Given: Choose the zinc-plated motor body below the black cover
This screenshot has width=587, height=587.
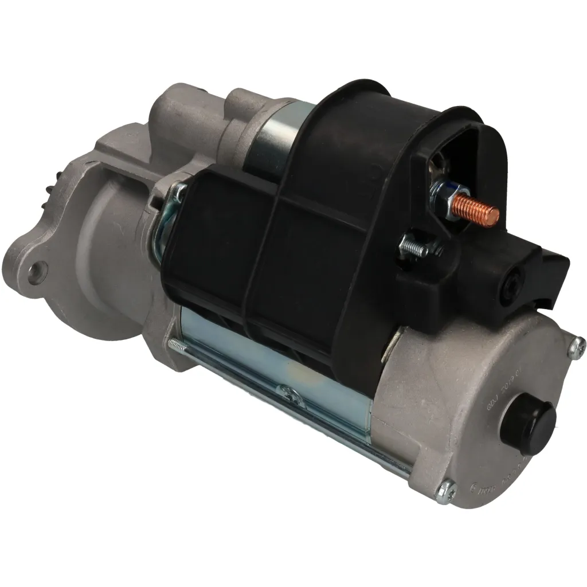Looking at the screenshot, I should tap(275, 367).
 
